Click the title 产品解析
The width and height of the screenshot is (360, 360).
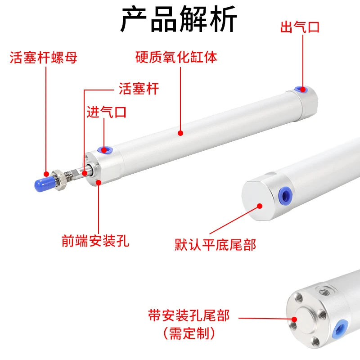tap(179, 19)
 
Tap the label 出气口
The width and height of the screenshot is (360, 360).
tap(300, 27)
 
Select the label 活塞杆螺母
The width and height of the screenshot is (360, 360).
tap(43, 58)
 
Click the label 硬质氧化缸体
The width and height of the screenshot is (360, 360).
tap(176, 57)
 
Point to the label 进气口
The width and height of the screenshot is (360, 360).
tap(107, 112)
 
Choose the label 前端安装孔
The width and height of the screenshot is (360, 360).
tap(95, 241)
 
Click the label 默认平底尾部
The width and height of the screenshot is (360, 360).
tap(216, 245)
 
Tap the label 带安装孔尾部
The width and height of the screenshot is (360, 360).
tap(189, 315)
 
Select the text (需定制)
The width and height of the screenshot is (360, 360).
tap(189, 333)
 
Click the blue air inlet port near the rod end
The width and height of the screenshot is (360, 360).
tap(104, 150)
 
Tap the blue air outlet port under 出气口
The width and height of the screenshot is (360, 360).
tap(301, 89)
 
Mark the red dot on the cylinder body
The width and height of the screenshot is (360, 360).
tap(180, 133)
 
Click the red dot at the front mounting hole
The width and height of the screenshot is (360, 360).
tap(99, 182)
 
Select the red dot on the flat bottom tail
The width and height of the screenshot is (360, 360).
tap(260, 206)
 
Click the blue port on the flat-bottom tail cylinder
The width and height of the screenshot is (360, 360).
tap(285, 196)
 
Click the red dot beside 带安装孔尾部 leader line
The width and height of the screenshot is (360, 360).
tap(294, 319)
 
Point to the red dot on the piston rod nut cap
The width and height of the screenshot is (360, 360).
tap(46, 174)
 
